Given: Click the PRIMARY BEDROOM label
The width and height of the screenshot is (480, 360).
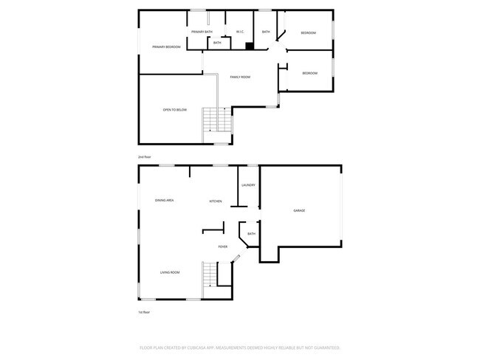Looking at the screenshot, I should pos(166,47).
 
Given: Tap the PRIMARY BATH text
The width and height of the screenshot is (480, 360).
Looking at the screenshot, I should pos(202,32).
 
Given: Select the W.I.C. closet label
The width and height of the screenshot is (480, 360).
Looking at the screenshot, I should pos(240,32).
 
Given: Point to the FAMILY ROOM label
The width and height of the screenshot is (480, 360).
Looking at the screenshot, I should pos(240,77).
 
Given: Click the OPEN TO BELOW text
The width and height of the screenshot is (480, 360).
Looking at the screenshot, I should pos(175,110).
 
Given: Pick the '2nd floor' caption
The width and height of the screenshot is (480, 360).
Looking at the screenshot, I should pos(144,157).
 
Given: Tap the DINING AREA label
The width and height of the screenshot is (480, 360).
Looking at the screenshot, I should pos(164,201).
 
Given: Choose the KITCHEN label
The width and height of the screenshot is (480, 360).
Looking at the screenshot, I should pos(216,201).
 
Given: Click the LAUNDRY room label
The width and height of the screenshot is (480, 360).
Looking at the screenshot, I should pos(248,185).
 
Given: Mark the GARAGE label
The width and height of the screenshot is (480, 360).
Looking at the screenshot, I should pos(300,211).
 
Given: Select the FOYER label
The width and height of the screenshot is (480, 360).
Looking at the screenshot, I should pos(222,246).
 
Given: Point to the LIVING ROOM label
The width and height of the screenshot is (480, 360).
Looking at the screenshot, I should pos(170,273).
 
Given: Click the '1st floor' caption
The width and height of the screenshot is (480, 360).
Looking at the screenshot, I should pos(145,312).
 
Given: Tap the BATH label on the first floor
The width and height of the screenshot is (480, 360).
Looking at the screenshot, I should pos(251,234).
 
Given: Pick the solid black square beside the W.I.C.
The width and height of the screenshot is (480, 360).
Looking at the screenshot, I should pos(250,46).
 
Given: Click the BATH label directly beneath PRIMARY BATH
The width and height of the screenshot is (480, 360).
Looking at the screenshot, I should pos(217,43).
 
